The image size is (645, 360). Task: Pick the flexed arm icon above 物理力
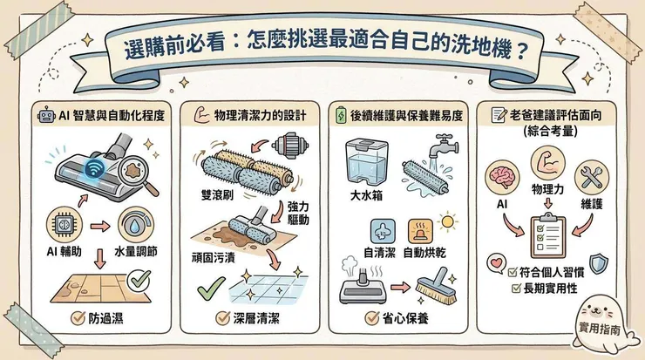point(547,163)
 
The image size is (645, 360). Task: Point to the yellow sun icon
point(450,222)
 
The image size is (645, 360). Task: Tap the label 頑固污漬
point(214,259)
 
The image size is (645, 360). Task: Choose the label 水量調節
point(139,250)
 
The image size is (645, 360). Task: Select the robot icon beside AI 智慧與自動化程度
point(46,116)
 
